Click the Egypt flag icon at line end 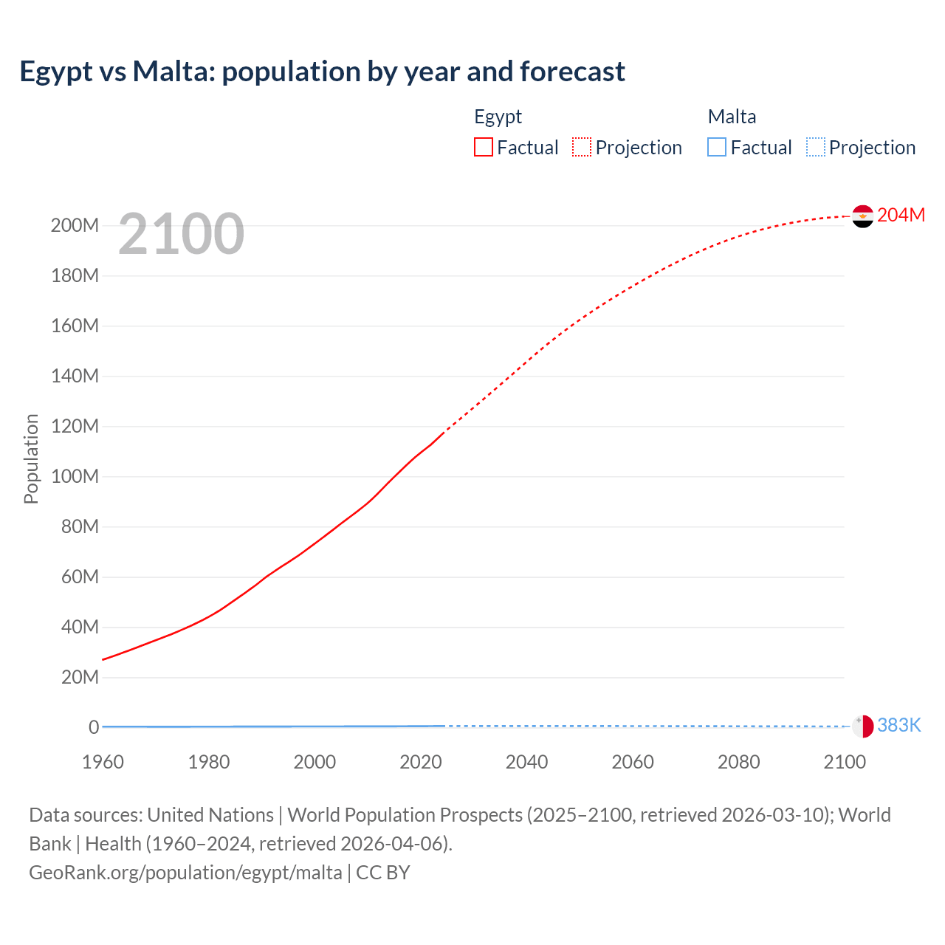pos(862,216)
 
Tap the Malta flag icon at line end pos(862,726)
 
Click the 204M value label pos(901,215)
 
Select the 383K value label pos(899,725)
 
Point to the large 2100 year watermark pos(181,233)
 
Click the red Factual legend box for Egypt pos(484,147)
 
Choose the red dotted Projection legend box pos(582,147)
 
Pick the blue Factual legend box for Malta pos(717,147)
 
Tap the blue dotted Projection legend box pos(816,147)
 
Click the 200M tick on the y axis pos(75,225)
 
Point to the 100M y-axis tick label pos(75,476)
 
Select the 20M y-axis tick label pos(80,677)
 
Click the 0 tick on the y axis pos(94,727)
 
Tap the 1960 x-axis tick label pos(103,762)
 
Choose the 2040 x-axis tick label pos(526,762)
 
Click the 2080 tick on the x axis pos(738,762)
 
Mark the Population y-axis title pos(31,458)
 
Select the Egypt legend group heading pos(498,117)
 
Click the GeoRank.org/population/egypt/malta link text pos(185,872)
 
